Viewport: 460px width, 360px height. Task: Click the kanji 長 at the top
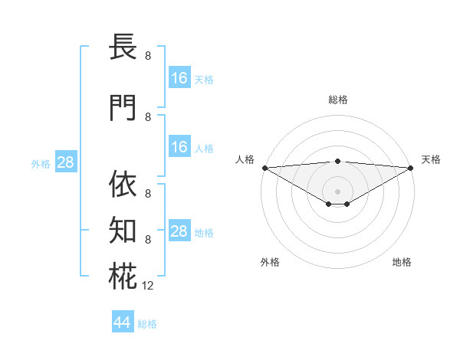pos(123,47)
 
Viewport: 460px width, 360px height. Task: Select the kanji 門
pos(123,109)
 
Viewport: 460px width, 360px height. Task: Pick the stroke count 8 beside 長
pos(148,56)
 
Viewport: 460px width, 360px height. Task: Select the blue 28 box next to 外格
pos(65,162)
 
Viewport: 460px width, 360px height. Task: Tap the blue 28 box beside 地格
pos(179,231)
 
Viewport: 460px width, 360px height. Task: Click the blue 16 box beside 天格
pos(179,77)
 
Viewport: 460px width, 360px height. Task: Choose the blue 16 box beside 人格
pos(179,147)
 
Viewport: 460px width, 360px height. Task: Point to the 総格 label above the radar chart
pos(337,100)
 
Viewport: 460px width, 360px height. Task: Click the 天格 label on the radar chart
pos(431,159)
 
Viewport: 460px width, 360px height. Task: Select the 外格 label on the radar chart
pos(270,263)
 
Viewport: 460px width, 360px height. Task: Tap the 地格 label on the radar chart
pos(402,263)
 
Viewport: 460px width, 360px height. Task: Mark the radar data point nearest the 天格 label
pos(411,167)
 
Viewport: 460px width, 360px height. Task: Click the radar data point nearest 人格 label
pos(264,167)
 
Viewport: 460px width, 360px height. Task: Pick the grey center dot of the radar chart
pos(337,191)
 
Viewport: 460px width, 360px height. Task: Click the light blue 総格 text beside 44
pos(147,324)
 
